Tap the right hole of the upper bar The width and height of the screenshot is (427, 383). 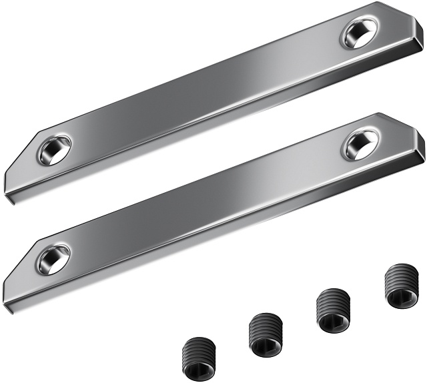(x=360, y=32)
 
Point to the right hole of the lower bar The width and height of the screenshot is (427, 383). (x=360, y=143)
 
